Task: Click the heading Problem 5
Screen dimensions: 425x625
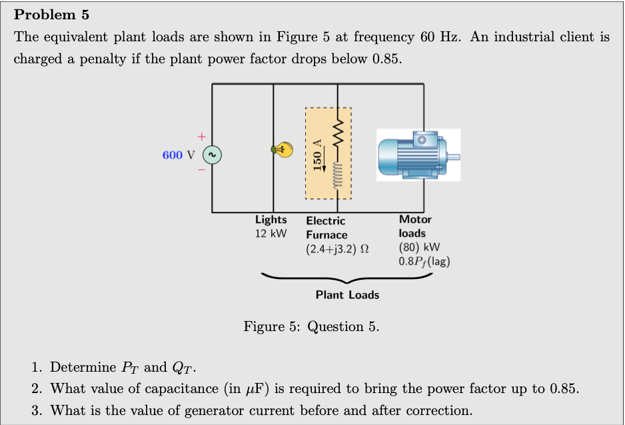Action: point(51,14)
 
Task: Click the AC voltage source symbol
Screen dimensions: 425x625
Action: point(212,155)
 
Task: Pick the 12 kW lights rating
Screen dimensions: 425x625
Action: point(271,234)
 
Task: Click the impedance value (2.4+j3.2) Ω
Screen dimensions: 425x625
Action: point(338,249)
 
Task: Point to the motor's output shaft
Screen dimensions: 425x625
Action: point(454,157)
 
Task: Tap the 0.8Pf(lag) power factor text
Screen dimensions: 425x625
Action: point(424,261)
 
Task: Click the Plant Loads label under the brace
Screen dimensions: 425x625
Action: point(347,294)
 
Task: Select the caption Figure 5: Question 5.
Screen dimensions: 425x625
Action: point(311,326)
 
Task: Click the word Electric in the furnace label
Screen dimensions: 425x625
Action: point(326,220)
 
